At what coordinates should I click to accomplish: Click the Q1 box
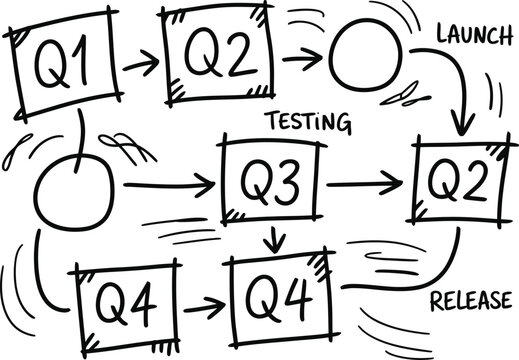click(x=64, y=66)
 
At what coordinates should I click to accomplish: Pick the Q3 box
click(x=271, y=182)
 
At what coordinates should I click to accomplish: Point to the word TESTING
click(x=307, y=123)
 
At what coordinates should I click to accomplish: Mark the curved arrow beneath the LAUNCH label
click(x=453, y=95)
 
